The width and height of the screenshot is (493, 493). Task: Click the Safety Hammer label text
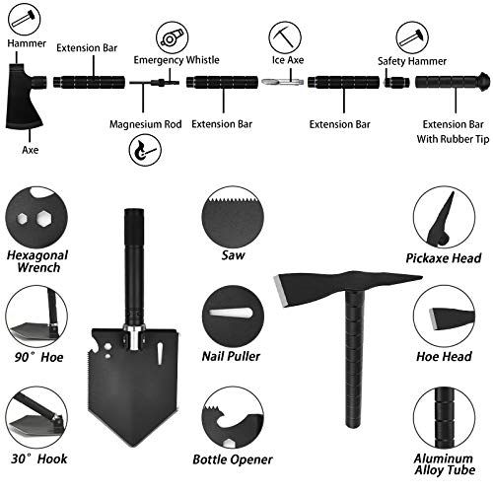pos(405,61)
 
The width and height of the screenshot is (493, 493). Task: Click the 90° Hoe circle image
pos(32,313)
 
